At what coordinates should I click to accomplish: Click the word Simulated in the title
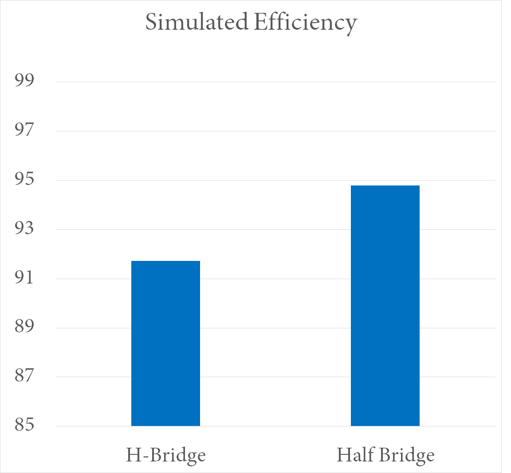(x=197, y=23)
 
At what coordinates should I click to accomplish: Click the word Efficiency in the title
(x=305, y=23)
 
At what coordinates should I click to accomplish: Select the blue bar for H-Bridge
(x=165, y=343)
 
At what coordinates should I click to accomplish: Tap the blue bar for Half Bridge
(x=385, y=306)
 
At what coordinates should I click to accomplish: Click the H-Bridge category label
(x=166, y=455)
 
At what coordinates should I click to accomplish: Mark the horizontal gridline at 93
(x=275, y=229)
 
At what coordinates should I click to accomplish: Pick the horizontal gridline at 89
(x=275, y=328)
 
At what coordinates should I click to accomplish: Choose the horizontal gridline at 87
(x=275, y=377)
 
